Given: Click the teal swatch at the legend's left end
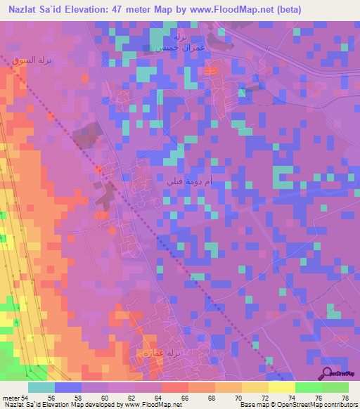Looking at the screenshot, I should click(x=41, y=387).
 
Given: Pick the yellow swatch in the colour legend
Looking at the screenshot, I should click(x=281, y=387).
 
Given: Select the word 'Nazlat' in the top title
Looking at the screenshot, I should click(x=20, y=10).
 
